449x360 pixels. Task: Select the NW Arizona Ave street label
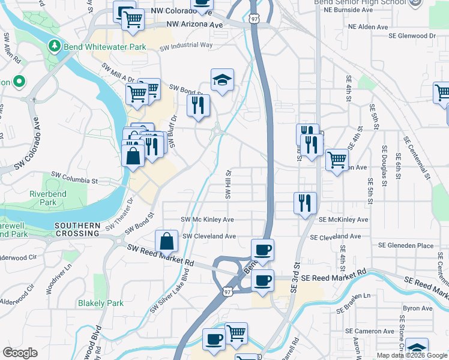[194, 25]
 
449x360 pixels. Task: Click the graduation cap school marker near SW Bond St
[222, 80]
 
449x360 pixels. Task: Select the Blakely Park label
[101, 303]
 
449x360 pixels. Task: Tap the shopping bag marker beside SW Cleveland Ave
[166, 241]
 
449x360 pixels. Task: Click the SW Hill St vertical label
[228, 184]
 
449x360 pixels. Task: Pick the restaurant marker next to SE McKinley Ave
[305, 202]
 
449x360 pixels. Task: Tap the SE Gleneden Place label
[405, 245]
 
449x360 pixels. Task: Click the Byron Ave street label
[418, 308]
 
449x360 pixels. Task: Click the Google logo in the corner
[20, 353]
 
